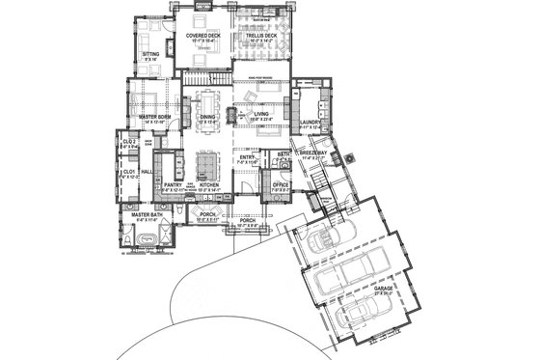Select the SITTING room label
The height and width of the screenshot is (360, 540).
150,54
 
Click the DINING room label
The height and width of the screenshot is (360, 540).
207,118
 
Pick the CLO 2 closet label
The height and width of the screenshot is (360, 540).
128,142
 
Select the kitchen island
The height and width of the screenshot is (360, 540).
208,156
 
